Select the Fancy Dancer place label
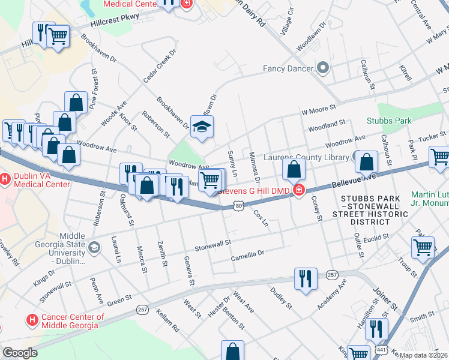point(288,68)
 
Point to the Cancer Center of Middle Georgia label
point(69,321)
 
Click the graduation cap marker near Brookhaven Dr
point(202,126)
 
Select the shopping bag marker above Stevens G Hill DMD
point(294,170)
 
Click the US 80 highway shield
point(238,206)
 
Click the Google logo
point(20,353)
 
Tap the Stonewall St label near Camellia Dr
point(212,244)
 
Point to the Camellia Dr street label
point(247,256)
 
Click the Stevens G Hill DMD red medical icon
point(298,191)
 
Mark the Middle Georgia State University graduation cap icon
point(94,247)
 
